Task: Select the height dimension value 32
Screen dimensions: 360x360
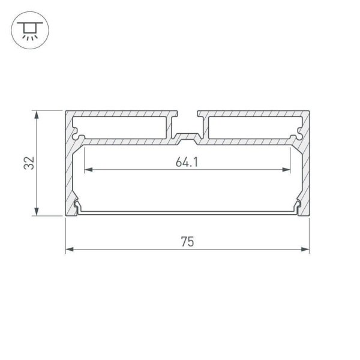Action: (x=29, y=163)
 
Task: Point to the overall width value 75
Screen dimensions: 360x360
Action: (x=187, y=242)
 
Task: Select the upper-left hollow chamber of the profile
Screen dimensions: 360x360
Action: (x=120, y=127)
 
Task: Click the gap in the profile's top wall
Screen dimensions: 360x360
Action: (x=187, y=114)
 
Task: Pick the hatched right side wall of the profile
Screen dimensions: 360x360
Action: (x=305, y=174)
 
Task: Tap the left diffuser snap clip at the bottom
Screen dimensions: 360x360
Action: (x=77, y=208)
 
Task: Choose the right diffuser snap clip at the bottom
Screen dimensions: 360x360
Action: (x=296, y=208)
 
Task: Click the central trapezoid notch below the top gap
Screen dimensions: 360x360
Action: (x=187, y=140)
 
